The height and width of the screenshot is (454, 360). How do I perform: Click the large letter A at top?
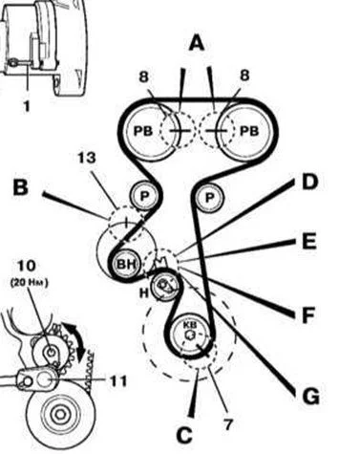pos(197,43)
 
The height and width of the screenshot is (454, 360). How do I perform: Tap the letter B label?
pos(21,187)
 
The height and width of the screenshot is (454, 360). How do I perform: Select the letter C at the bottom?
pos(184,435)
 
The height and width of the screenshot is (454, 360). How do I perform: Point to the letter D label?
pos(310,182)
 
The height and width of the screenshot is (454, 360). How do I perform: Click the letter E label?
pos(309,241)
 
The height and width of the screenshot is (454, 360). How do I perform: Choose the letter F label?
pos(308,315)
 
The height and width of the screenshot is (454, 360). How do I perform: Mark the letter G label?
pos(310,397)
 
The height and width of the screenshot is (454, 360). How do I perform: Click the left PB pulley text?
pos(143,131)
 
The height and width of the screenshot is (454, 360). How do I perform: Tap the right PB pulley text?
pos(249,131)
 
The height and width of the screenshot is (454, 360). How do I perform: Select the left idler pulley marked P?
pos(144,196)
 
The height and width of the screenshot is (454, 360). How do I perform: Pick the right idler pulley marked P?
pos(210,198)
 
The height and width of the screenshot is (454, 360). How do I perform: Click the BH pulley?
pos(127,264)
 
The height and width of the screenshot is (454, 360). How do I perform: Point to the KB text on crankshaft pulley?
pos(191,325)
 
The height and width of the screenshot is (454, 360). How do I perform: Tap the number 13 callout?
pos(87,158)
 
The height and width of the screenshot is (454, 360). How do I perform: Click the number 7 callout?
pos(228,424)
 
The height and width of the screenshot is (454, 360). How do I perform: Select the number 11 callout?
pos(118,381)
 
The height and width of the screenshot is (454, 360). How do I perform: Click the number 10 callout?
pos(26,266)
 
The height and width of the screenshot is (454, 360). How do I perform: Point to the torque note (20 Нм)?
pos(29,283)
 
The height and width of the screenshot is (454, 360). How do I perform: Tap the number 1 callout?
pos(27,106)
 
